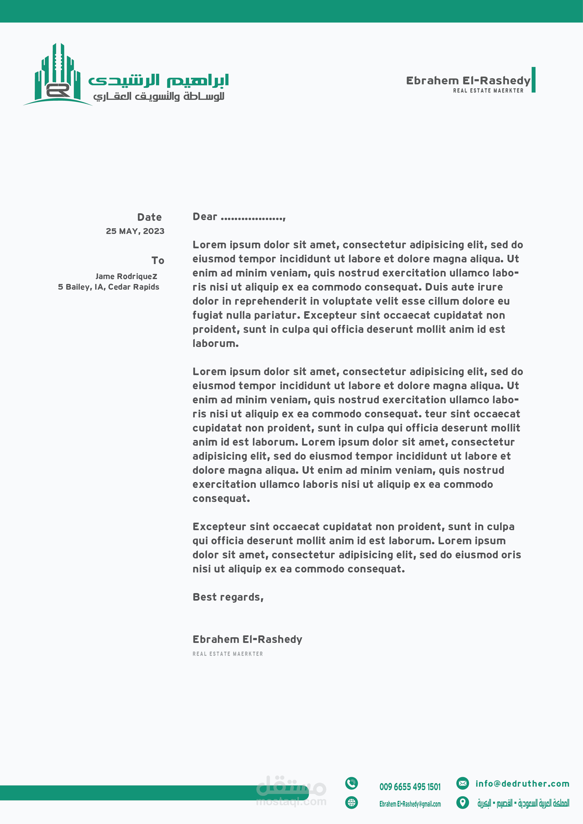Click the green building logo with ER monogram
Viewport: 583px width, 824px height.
tap(57, 75)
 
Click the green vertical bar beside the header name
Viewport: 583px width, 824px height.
tap(533, 80)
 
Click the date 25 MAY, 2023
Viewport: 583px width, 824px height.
tap(135, 231)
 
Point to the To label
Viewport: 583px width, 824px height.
tap(158, 260)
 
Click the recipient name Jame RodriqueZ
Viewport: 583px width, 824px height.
tap(126, 276)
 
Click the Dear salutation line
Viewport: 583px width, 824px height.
tap(239, 217)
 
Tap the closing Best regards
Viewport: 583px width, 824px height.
tap(228, 597)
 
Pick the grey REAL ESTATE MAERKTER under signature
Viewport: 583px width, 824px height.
tap(228, 654)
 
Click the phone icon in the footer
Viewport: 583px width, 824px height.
tap(352, 783)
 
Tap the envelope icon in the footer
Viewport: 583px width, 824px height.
tap(462, 783)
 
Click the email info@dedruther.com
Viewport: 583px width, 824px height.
tap(522, 784)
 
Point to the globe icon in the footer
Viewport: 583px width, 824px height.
tap(352, 802)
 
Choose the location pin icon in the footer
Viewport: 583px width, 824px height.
tap(462, 802)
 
